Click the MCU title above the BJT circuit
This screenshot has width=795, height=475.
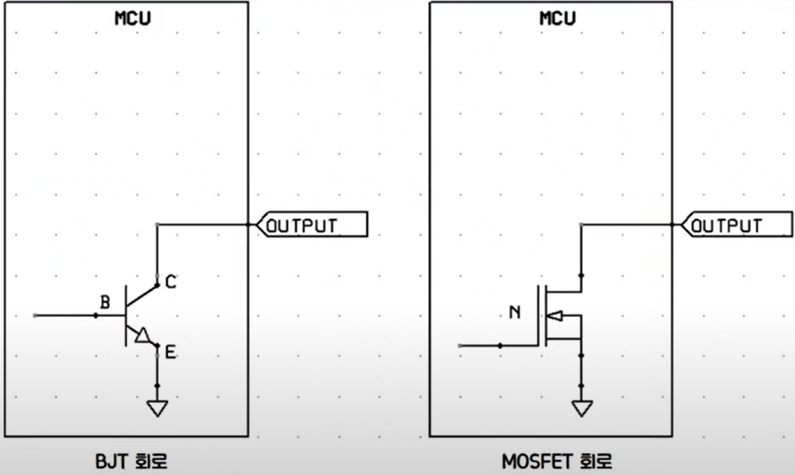(132, 18)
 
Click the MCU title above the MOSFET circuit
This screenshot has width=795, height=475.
(557, 18)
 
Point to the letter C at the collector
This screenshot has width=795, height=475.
(171, 282)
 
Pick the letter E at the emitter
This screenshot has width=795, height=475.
(171, 351)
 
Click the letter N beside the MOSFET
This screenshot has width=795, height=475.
(515, 312)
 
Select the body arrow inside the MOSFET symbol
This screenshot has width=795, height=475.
(556, 315)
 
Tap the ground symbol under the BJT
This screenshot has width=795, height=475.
(157, 408)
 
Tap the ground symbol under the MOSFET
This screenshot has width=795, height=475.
(582, 408)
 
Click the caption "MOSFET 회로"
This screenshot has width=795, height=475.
(557, 461)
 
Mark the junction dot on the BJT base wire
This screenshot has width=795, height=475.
(96, 315)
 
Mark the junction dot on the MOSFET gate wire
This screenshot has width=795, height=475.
(500, 346)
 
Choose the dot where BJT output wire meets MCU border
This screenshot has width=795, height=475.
(248, 225)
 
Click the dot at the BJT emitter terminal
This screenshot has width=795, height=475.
(157, 346)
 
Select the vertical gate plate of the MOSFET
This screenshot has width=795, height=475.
(538, 315)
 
